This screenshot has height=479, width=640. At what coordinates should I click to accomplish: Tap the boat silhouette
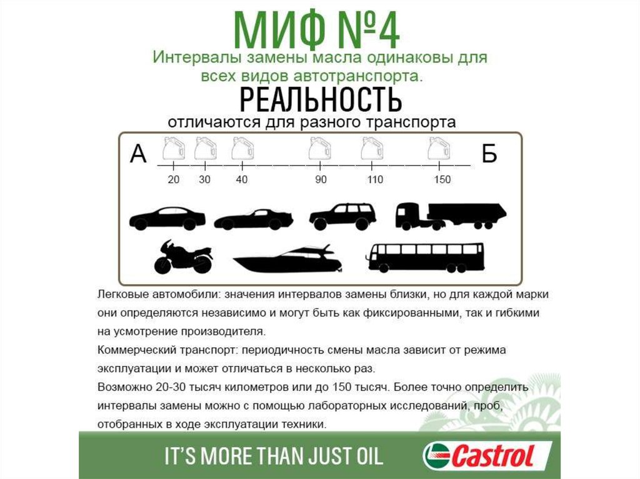[287, 259]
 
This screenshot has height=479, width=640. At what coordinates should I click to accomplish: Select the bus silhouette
[426, 257]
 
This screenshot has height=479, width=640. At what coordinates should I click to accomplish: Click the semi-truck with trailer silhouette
[451, 216]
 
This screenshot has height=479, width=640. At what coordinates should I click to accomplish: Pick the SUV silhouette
[342, 217]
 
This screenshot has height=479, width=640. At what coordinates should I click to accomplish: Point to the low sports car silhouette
[254, 219]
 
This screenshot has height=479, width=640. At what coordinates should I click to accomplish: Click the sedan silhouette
[167, 219]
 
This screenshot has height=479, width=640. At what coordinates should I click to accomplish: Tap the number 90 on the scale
[321, 179]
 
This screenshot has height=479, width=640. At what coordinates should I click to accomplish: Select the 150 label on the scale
[442, 179]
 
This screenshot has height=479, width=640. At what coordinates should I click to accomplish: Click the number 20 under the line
[174, 179]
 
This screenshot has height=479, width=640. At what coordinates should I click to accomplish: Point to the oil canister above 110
[372, 149]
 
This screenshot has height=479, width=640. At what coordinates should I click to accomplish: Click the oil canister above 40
[242, 149]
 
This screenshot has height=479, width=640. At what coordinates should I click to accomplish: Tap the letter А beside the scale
[138, 154]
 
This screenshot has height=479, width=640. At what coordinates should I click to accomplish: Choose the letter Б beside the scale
[489, 154]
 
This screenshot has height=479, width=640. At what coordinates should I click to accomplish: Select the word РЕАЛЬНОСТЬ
[321, 99]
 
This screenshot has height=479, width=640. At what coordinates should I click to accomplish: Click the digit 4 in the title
[387, 31]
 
